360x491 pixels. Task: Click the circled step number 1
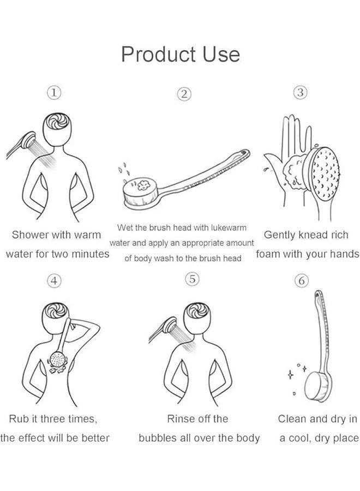point(53,93)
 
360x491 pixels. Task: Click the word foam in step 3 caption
point(267,254)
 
